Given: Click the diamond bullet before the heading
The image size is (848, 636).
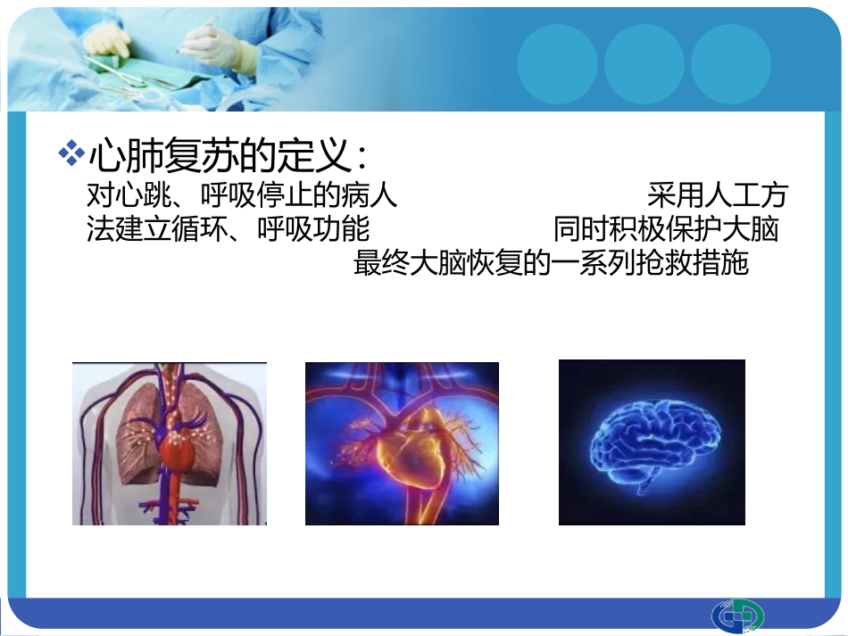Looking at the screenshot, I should point(70,153).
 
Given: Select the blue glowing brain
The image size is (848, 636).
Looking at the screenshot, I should point(652,442).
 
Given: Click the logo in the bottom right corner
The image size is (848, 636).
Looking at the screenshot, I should point(737,616).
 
